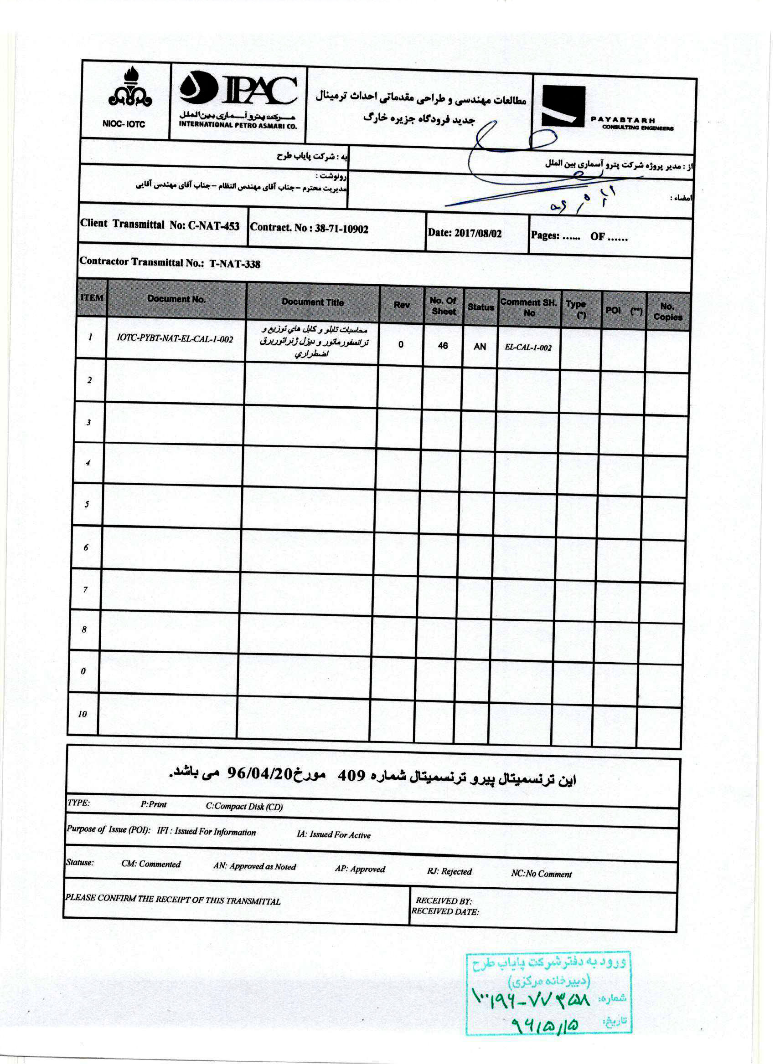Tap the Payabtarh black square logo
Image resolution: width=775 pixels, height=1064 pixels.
tap(563, 106)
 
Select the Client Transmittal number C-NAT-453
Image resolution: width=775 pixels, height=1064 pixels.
tap(214, 226)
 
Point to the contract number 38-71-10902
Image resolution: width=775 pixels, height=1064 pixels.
tap(341, 229)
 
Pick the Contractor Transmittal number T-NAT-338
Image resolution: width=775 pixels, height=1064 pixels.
tap(234, 264)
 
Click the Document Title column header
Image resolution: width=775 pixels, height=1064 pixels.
tap(313, 302)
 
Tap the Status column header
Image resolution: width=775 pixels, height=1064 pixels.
tap(480, 307)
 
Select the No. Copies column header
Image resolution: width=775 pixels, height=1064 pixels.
tap(667, 312)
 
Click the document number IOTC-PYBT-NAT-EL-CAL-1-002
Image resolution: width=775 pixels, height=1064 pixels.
tap(175, 339)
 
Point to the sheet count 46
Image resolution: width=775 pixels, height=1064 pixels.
tap(443, 346)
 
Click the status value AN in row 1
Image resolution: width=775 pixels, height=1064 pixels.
tap(480, 347)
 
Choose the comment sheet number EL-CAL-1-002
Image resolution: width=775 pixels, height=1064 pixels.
tap(528, 348)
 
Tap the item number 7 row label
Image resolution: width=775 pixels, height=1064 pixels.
tap(85, 590)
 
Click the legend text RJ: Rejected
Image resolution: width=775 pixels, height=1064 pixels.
tap(449, 872)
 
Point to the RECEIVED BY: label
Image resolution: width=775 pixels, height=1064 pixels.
tap(444, 901)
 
